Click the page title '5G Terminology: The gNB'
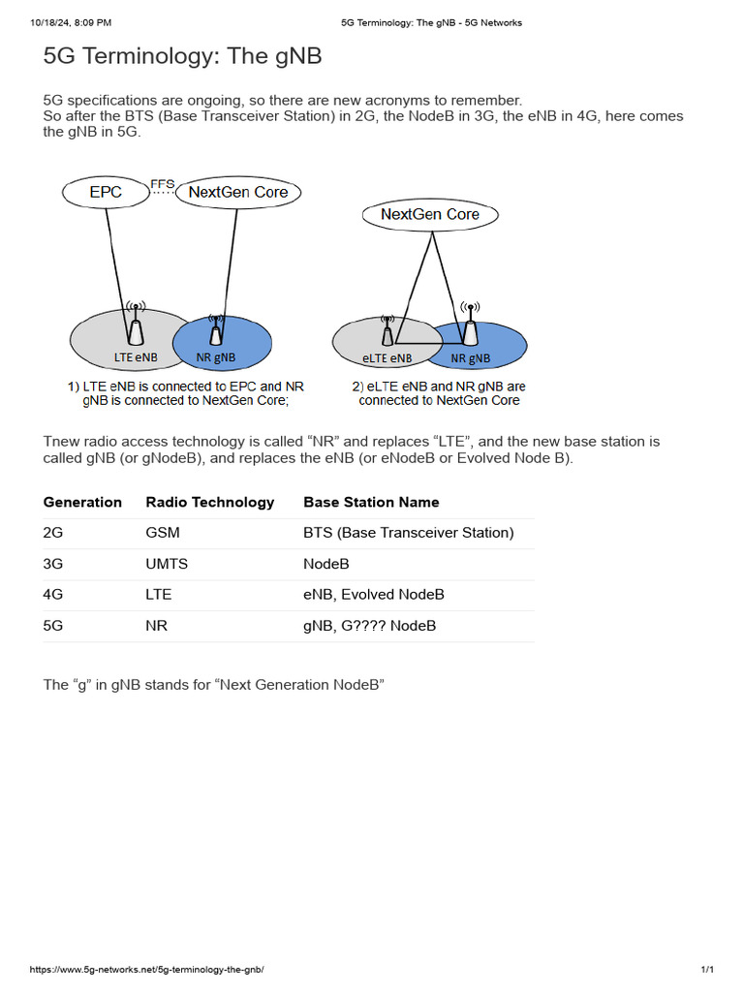coord(182,57)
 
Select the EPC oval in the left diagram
coord(106,192)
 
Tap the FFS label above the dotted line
coord(162,183)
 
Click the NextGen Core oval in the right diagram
coord(430,214)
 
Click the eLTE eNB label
coord(387,357)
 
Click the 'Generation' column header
coord(82,502)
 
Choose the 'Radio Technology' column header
coord(209,502)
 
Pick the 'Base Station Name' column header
coord(371,502)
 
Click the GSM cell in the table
coord(163,533)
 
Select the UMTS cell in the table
coord(167,564)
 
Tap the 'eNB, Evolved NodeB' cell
coord(374,595)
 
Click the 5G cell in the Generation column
coord(53,626)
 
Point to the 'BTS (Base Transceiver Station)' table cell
coord(409,533)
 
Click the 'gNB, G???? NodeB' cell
coord(370,626)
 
